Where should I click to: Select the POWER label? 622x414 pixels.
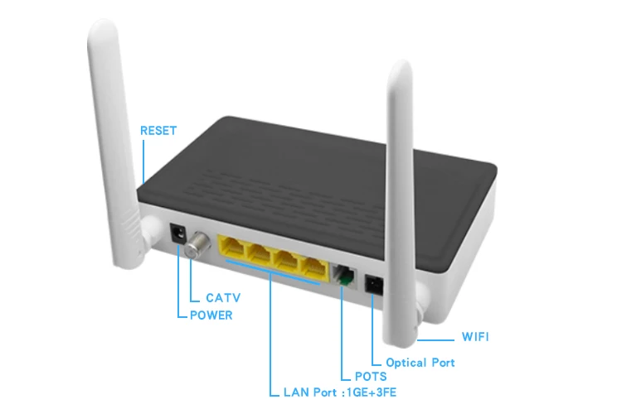(x=211, y=315)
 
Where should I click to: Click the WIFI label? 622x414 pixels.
(x=474, y=337)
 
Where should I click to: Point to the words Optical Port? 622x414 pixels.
(x=420, y=362)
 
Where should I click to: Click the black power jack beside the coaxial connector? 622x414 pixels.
(x=177, y=234)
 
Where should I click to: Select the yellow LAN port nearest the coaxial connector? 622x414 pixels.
(x=232, y=248)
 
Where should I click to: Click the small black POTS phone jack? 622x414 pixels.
(x=343, y=273)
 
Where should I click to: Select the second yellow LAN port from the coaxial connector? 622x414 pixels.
(x=260, y=255)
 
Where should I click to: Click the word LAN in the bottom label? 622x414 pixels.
(x=294, y=392)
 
